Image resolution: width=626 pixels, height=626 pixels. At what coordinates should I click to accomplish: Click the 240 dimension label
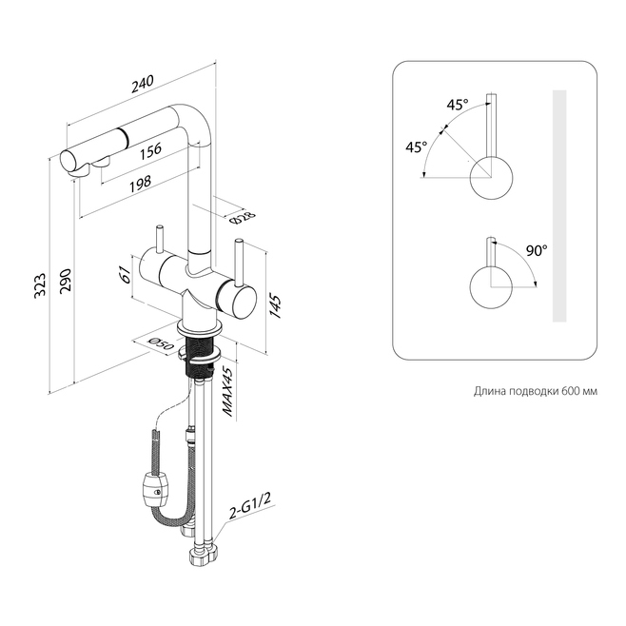pyautogui.click(x=143, y=84)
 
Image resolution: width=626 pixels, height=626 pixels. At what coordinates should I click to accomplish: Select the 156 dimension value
pyautogui.click(x=150, y=151)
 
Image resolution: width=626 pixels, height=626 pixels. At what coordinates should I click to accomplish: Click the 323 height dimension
pyautogui.click(x=41, y=284)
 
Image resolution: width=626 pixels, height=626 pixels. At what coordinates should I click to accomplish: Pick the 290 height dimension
pyautogui.click(x=65, y=280)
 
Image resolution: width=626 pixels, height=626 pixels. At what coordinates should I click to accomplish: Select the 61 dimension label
pyautogui.click(x=126, y=274)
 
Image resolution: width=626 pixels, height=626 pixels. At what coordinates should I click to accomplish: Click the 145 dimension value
pyautogui.click(x=275, y=305)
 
